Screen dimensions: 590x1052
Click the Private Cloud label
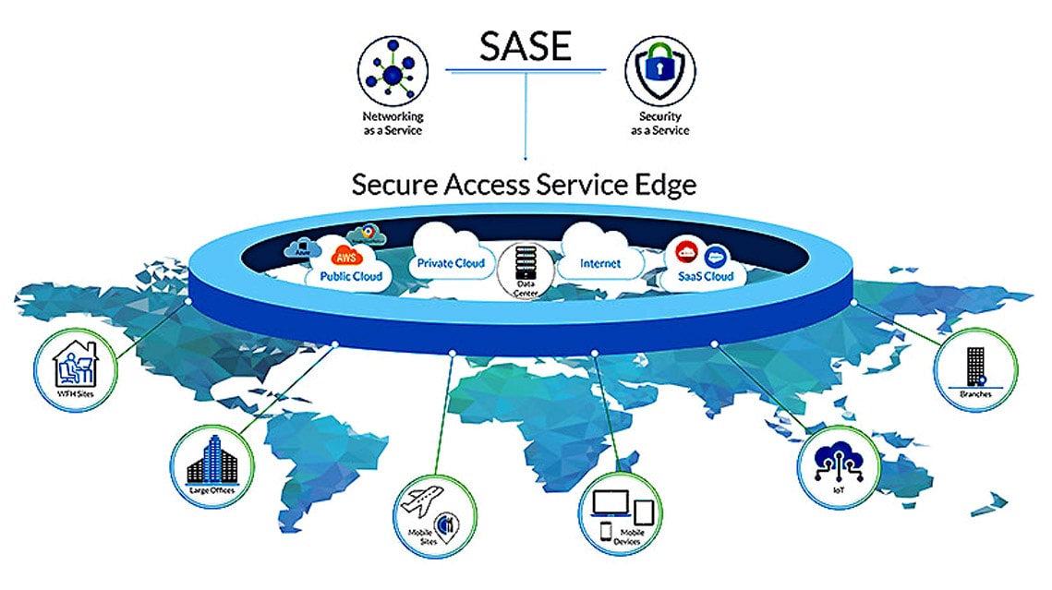click(451, 263)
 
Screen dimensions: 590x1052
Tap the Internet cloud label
click(599, 264)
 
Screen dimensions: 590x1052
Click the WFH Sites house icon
click(74, 365)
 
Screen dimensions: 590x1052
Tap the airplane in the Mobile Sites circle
click(421, 506)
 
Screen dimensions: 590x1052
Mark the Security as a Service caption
click(659, 123)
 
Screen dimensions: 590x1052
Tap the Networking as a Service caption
click(393, 123)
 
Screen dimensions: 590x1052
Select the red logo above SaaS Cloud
click(686, 252)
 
